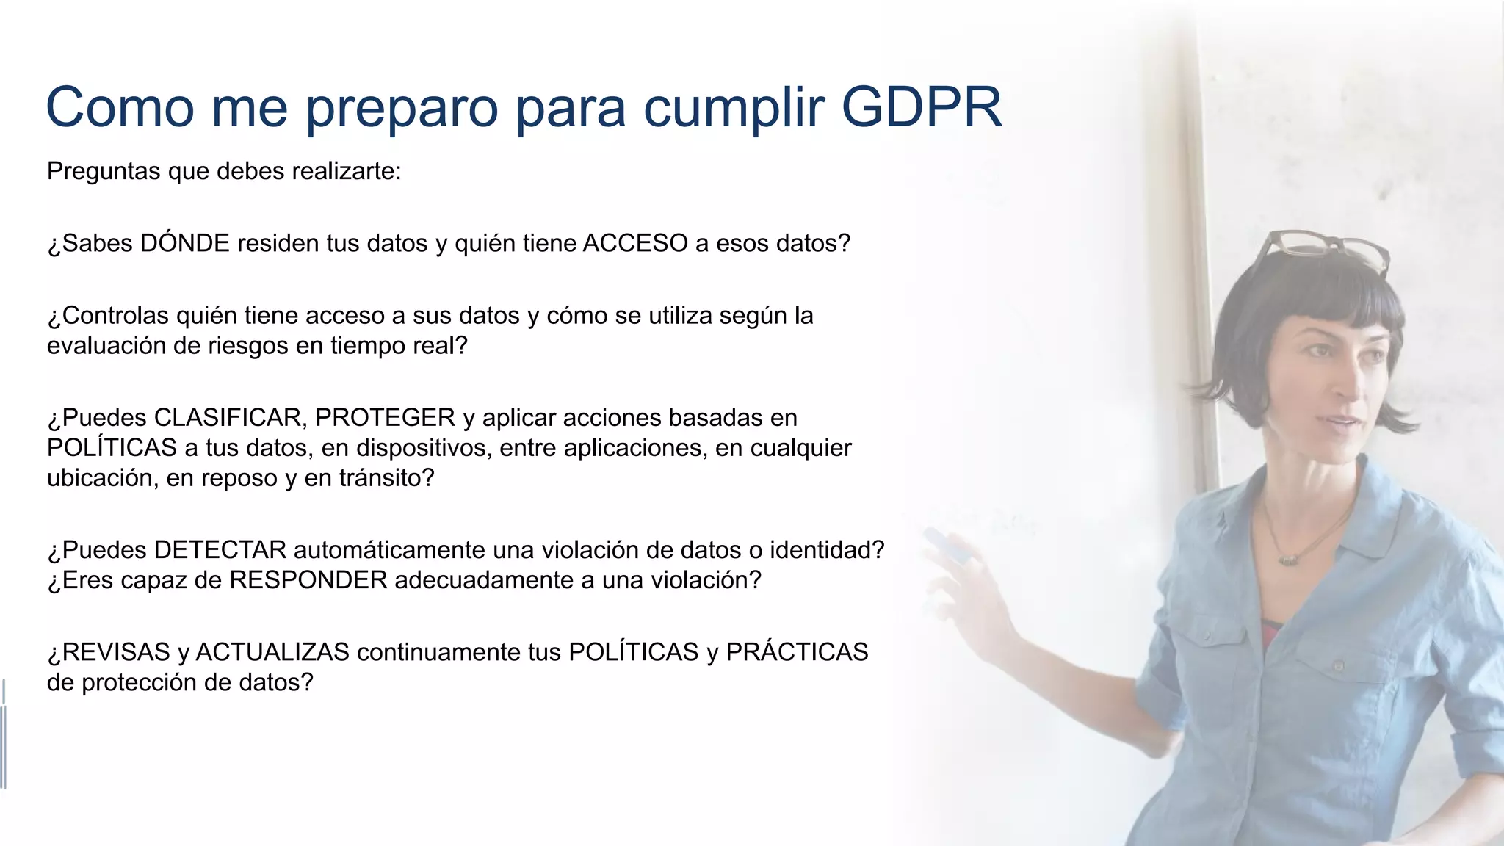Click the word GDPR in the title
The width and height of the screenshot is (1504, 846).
(921, 107)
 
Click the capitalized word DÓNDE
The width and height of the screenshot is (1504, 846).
(184, 243)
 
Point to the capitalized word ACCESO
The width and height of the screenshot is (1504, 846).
(635, 243)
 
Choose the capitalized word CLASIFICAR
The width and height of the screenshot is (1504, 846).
(228, 418)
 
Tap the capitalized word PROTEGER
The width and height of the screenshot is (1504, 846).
(385, 418)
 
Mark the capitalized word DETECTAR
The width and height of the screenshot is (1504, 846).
(220, 550)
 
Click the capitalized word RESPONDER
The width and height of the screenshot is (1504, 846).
(308, 580)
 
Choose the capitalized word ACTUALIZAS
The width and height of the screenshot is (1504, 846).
(272, 652)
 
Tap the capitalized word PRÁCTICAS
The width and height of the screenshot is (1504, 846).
(797, 652)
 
